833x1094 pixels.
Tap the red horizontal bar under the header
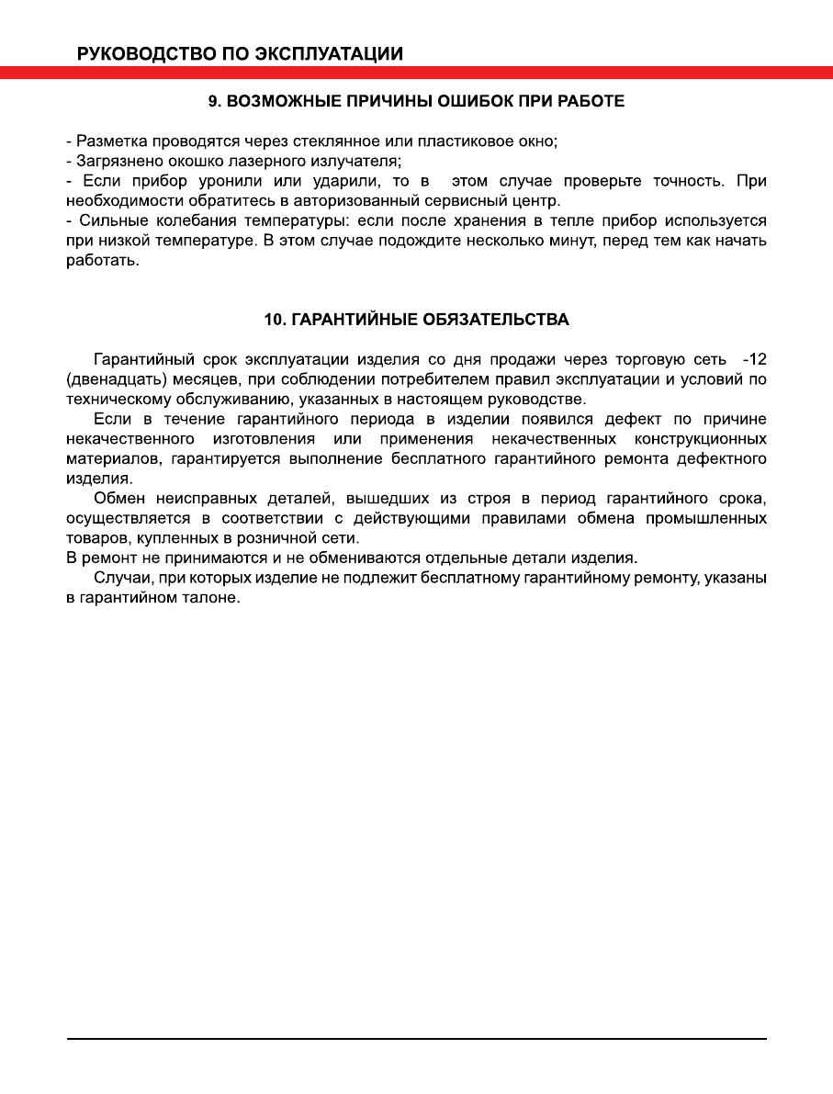[x=416, y=73]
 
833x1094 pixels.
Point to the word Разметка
[x=107, y=141]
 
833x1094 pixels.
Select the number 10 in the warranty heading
[x=274, y=320]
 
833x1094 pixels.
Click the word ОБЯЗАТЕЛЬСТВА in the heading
[x=497, y=320]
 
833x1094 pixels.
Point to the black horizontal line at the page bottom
[x=416, y=1040]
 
